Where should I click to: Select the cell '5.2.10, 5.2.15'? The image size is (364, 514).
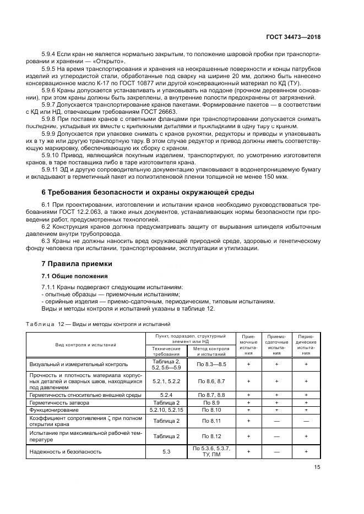coord(166,410)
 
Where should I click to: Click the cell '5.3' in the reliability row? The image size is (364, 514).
coord(166,451)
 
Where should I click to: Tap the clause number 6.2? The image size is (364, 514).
coord(47,226)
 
